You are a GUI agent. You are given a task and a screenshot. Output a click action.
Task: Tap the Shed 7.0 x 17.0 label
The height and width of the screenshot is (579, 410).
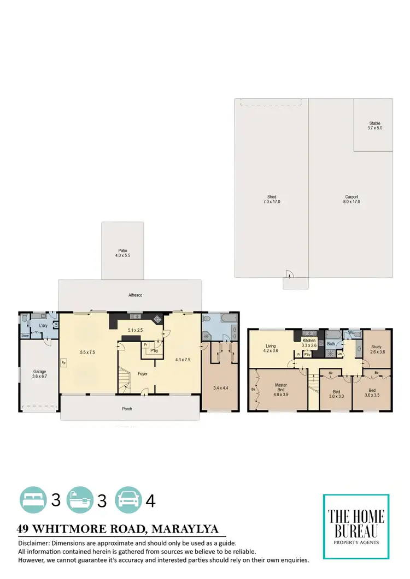point(272,199)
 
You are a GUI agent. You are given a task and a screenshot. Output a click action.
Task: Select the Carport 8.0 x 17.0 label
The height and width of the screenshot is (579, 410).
point(352,199)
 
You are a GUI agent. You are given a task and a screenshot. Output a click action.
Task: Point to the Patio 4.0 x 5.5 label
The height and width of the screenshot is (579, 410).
point(122,253)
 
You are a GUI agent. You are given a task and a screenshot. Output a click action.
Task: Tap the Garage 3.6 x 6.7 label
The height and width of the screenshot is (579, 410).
point(39,374)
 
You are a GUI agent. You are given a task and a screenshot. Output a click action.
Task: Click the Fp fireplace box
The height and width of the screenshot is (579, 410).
point(64,362)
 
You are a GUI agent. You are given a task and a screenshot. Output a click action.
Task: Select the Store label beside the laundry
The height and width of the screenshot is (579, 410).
point(25,336)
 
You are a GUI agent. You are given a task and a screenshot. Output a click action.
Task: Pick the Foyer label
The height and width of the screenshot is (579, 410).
point(143,374)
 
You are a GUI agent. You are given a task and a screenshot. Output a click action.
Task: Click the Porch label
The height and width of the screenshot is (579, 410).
point(127,409)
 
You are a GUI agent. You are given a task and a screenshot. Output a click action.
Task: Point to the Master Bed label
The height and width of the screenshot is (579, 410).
point(280,388)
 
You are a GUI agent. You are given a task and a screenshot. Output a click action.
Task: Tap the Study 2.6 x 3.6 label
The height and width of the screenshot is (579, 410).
point(376,349)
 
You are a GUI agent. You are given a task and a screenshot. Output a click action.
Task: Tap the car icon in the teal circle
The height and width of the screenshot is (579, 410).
point(128,499)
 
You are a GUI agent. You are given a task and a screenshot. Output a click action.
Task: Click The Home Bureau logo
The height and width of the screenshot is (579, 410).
point(356,526)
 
